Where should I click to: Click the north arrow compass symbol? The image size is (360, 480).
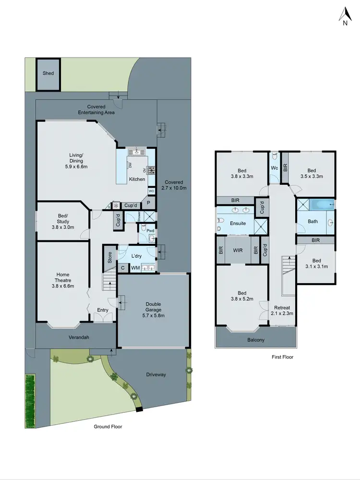[344, 16]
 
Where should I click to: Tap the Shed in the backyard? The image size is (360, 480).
[48, 73]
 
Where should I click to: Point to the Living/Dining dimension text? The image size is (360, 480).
[76, 167]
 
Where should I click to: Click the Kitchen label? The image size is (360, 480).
[137, 179]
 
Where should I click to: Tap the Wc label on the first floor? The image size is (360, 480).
[275, 168]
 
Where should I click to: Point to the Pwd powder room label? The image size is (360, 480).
[150, 231]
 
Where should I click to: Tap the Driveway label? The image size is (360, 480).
[156, 374]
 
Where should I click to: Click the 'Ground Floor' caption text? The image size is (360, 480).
[108, 426]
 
